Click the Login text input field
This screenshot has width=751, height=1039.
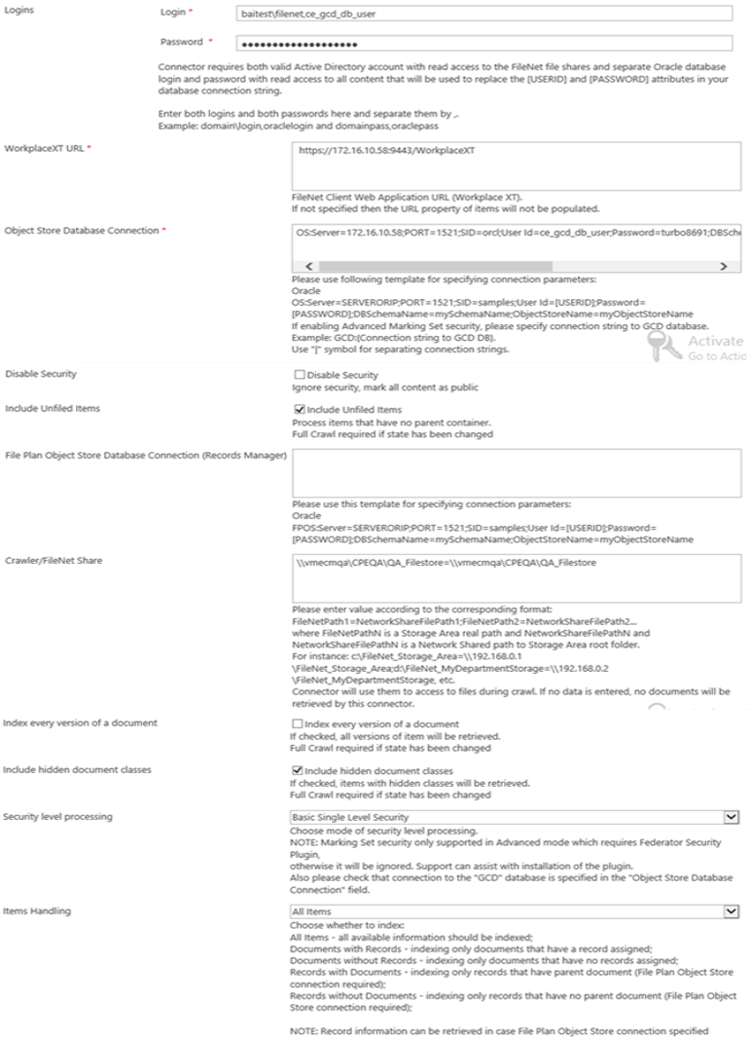[x=483, y=14]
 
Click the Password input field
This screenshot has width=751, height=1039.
[x=483, y=44]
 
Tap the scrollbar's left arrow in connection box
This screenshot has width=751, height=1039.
[x=308, y=266]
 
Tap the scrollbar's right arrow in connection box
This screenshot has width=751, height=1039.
[x=723, y=266]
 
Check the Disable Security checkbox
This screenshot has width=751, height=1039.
[x=299, y=375]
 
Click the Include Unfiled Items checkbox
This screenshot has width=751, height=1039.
[x=299, y=410]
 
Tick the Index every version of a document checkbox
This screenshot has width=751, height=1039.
[x=298, y=724]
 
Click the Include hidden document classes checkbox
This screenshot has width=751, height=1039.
[x=298, y=770]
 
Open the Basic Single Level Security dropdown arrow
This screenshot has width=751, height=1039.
[x=732, y=817]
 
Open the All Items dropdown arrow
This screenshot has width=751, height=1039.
[x=732, y=911]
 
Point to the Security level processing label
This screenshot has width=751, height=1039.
[x=57, y=816]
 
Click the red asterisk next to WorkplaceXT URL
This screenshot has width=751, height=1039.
[x=89, y=148]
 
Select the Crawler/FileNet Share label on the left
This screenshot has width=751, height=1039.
[x=53, y=561]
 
